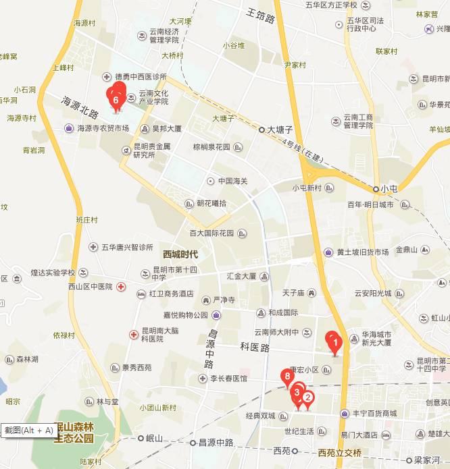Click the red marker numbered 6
116,99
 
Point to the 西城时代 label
180,254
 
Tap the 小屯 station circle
376,189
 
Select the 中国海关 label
232,181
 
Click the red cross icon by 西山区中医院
120,286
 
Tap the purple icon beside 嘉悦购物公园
216,314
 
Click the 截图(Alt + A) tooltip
28,430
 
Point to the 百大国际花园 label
211,233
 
